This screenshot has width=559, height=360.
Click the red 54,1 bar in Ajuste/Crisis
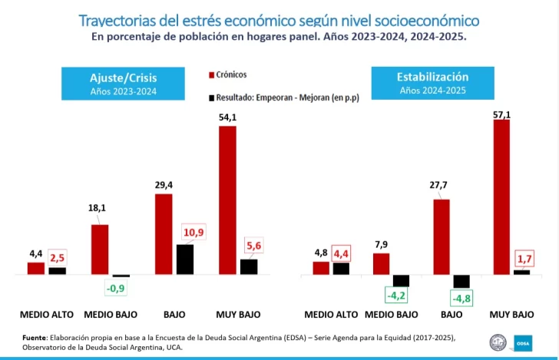[227, 200]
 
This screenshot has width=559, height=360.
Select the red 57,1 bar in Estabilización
[501, 197]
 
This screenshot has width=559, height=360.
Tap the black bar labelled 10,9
[184, 259]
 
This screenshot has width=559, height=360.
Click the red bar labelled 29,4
[164, 234]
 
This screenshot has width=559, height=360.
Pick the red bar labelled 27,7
[441, 236]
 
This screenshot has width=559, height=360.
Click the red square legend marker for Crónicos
[210, 75]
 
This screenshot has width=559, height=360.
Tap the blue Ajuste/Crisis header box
[123, 83]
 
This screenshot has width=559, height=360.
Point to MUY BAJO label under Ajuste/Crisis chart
[238, 315]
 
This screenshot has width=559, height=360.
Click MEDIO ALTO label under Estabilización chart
[331, 315]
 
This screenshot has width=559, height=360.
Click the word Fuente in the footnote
[35, 337]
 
